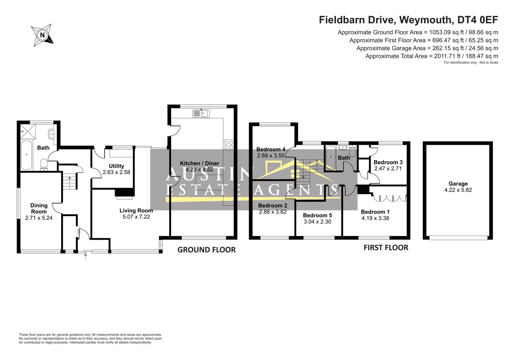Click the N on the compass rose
(42, 35)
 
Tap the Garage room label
(458, 184)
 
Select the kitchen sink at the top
(201, 113)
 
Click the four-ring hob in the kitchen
(228, 145)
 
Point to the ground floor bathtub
(27, 155)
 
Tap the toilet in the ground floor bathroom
(44, 165)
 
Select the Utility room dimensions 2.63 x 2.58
(116, 172)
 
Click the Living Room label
(136, 210)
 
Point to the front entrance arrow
(85, 257)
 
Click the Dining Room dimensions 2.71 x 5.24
(39, 218)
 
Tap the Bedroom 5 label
(317, 215)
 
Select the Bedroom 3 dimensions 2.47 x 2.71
(388, 168)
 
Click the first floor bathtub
(331, 157)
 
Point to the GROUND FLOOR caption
(206, 250)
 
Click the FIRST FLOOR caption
(386, 247)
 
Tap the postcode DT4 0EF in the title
(478, 20)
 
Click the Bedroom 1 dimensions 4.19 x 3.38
(375, 218)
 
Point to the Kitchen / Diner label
(199, 163)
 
